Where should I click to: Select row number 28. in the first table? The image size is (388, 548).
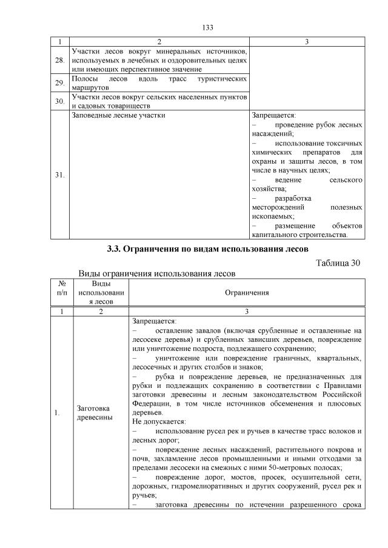[59, 61]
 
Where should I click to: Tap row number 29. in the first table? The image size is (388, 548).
[59, 84]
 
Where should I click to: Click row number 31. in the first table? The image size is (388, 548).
[59, 175]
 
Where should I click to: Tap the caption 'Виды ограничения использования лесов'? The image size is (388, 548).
[156, 273]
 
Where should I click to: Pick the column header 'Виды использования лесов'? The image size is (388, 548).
[101, 293]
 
